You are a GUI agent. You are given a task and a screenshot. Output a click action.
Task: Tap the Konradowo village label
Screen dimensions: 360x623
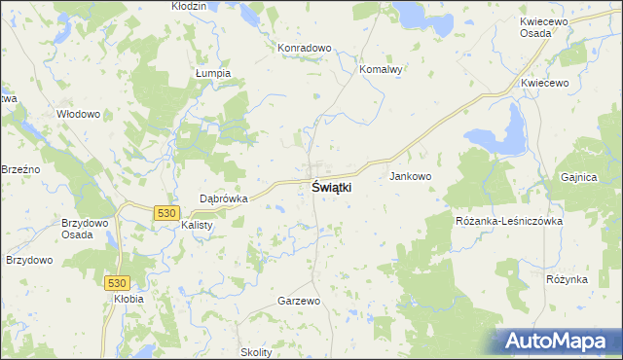305,48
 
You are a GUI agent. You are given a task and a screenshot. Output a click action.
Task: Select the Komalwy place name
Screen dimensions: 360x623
381,70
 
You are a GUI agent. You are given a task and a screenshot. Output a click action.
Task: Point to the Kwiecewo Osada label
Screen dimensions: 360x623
550,26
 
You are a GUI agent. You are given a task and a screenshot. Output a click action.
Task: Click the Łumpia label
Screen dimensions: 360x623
212,73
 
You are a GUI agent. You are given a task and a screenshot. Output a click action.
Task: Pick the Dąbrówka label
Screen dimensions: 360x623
224,198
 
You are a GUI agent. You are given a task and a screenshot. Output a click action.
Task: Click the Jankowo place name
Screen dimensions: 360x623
410,176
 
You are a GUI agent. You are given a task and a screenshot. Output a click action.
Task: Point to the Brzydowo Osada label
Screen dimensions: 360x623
84,228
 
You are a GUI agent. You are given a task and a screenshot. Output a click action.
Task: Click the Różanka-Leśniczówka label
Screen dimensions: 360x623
509,221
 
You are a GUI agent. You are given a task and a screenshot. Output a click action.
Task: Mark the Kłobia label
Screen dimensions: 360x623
128,299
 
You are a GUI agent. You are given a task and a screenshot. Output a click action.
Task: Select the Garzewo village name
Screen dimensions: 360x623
299,302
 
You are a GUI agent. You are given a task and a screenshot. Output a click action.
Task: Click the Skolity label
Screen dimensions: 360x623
256,352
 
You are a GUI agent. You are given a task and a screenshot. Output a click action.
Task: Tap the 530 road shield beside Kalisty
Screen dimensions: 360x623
166,212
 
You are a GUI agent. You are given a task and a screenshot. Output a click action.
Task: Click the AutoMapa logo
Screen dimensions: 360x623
558,341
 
